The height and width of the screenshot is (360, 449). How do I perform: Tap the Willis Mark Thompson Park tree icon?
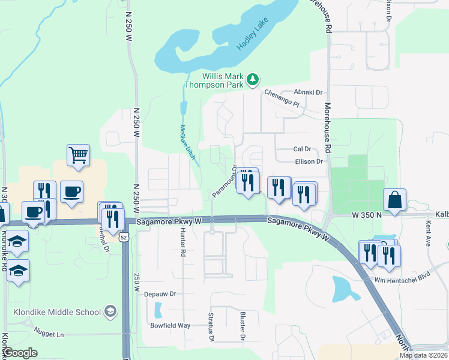pos(253,79)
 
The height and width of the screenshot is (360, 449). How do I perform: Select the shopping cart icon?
pos(78,155)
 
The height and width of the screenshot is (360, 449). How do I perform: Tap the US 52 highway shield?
pos(124,238)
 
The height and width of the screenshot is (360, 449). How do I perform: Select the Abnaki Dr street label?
pos(309,92)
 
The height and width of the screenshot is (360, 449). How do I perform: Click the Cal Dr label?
pos(301,149)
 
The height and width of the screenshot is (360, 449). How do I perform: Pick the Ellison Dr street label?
pos(309,161)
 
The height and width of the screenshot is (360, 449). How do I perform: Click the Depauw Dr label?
pos(159,294)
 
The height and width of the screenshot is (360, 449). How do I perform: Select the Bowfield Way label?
pos(170,325)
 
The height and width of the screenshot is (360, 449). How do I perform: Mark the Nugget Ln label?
pos(49,334)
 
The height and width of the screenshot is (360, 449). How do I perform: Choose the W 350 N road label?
pos(367,214)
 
